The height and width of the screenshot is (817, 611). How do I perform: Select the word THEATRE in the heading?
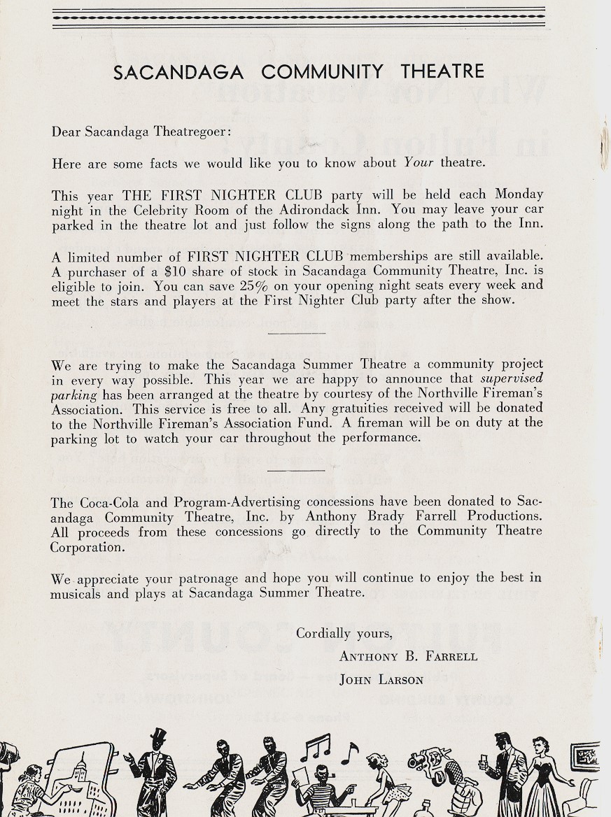(442, 71)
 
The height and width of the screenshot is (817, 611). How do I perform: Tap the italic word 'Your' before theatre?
(419, 163)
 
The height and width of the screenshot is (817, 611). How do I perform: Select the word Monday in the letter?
(519, 194)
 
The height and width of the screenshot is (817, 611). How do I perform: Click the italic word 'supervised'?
(512, 378)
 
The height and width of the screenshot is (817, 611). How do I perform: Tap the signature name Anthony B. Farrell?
(408, 656)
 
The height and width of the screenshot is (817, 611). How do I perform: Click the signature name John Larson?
(381, 679)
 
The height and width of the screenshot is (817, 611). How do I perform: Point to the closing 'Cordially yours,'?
(344, 634)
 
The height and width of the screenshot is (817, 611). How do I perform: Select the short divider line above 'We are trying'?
(297, 333)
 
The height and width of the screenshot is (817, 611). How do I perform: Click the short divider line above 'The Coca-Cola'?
(297, 470)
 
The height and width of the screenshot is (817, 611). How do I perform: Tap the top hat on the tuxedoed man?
(159, 736)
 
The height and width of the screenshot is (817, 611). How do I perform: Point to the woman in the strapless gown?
(544, 776)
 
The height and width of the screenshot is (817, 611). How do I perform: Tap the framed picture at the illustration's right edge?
(584, 757)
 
